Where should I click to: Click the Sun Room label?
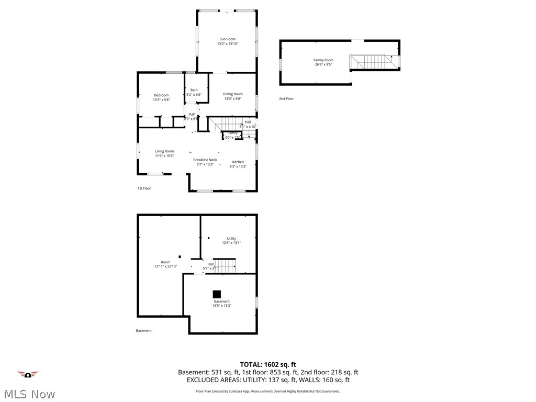[227, 39]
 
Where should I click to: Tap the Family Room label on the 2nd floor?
[323, 60]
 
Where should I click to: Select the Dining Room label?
[233, 94]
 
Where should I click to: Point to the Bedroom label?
[161, 95]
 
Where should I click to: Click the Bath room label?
[194, 90]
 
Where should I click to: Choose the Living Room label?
[164, 151]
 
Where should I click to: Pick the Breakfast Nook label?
[205, 160]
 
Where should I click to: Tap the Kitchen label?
[238, 162]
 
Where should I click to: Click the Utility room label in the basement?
[231, 239]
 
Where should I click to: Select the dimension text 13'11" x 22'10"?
[165, 266]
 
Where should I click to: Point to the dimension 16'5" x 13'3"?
[221, 306]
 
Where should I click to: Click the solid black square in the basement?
[217, 294]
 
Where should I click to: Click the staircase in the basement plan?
[226, 265]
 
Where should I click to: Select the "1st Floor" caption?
[144, 188]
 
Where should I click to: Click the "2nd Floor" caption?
[286, 98]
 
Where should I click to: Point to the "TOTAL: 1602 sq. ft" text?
[268, 364]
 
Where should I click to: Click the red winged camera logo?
[28, 374]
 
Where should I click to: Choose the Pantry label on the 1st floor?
[232, 133]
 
